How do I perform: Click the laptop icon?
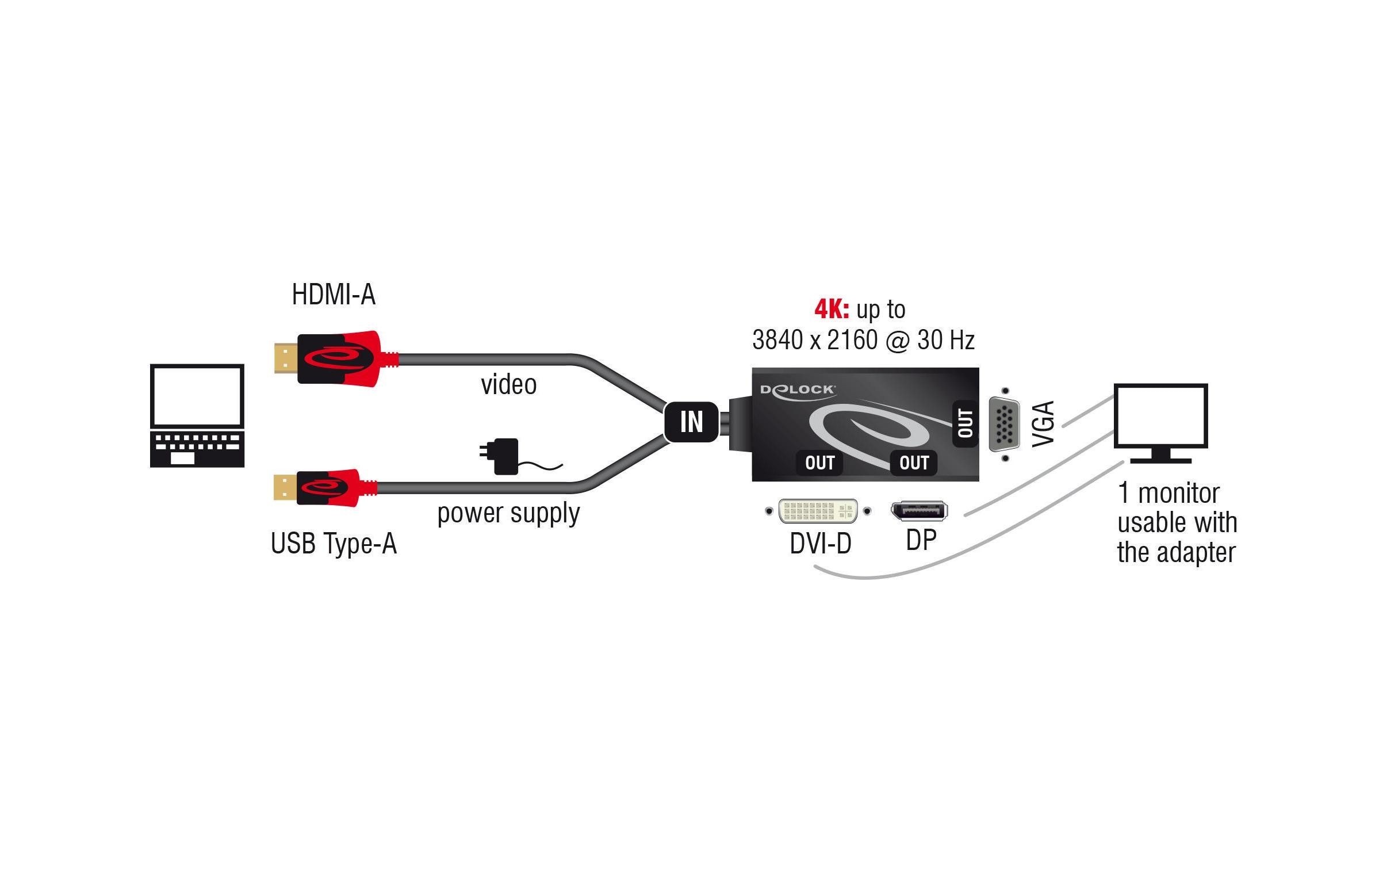pos(197,415)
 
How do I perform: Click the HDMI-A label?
pos(334,295)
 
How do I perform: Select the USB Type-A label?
pos(334,543)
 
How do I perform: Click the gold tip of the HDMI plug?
pos(285,357)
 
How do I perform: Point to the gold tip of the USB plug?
pos(284,487)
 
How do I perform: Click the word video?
pos(508,384)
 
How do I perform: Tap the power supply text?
pos(508,513)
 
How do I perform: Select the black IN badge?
pos(691,422)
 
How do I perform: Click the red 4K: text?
pos(832,310)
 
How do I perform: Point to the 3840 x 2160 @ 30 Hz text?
pos(863,340)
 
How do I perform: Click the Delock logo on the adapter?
pos(797,389)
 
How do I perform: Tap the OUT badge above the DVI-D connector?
pos(819,463)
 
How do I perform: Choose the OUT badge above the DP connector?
pos(914,463)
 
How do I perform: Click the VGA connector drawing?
pos(1005,425)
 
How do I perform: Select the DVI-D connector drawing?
pos(818,511)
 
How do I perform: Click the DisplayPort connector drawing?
pos(919,511)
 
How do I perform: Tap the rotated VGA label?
pos(1044,423)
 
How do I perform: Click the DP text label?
pos(921,540)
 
